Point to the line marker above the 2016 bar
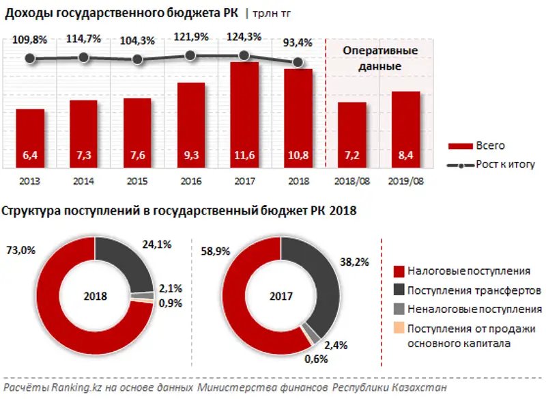(x=191, y=55)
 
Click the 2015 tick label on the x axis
(x=137, y=181)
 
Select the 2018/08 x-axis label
(x=351, y=181)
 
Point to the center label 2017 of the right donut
(x=281, y=297)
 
